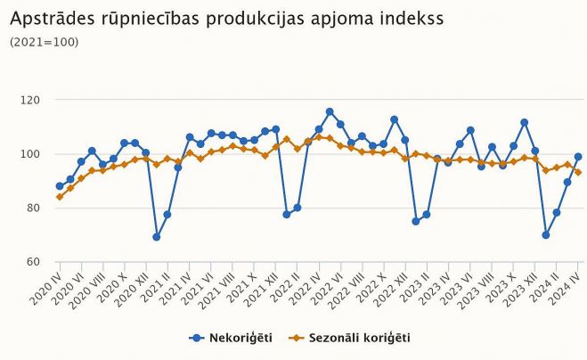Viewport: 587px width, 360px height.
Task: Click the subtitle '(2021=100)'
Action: click(x=44, y=42)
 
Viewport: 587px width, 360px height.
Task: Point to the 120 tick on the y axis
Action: click(x=30, y=100)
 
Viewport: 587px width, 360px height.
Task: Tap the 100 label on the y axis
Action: click(x=30, y=154)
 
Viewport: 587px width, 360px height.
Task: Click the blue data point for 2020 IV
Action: click(x=60, y=186)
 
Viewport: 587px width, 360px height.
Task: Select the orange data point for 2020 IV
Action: click(x=60, y=197)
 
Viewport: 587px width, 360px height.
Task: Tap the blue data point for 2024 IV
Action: click(x=578, y=157)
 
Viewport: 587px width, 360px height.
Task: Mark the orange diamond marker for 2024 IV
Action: click(x=578, y=172)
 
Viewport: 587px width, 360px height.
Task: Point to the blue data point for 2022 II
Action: click(x=298, y=208)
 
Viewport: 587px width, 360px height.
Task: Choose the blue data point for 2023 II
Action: click(x=427, y=215)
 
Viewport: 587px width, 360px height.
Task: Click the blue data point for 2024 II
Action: click(x=557, y=212)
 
